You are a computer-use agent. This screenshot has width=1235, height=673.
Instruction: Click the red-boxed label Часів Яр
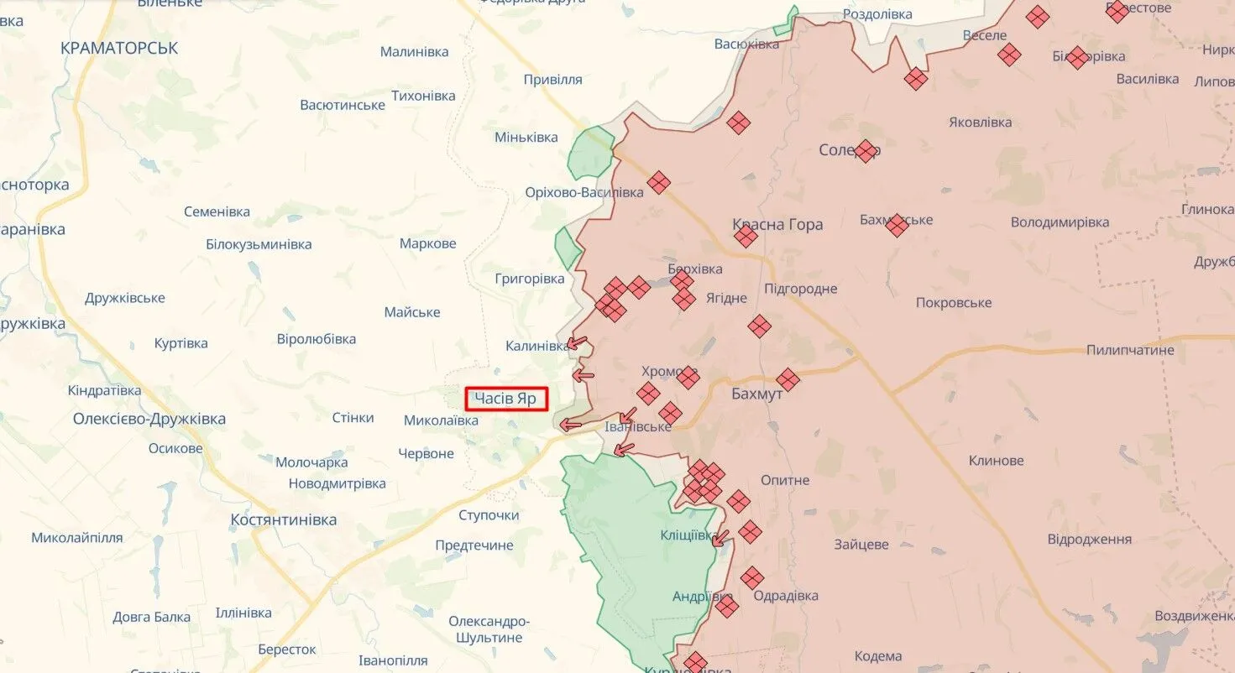click(506, 399)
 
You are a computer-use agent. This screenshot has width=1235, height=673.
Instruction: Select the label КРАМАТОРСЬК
click(119, 49)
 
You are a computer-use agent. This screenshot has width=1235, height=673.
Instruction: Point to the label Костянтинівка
click(284, 520)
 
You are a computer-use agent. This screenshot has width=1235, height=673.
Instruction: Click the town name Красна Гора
click(777, 224)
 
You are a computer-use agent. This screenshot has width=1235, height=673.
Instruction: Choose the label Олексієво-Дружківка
click(149, 419)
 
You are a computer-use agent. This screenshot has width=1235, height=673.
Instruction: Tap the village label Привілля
click(552, 80)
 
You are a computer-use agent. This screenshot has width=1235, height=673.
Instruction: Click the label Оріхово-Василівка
click(584, 192)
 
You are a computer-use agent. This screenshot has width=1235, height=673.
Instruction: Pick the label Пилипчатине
click(1130, 350)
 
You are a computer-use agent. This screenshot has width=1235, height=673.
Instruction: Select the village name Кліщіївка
click(688, 535)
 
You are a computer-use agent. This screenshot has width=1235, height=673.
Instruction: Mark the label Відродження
click(1090, 540)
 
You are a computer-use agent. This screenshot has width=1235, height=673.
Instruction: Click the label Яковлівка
click(980, 123)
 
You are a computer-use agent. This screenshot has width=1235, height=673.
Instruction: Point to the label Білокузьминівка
click(259, 245)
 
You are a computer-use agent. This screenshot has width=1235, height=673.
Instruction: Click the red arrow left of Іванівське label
click(572, 425)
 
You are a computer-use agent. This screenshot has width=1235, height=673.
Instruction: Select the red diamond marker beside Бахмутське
click(897, 225)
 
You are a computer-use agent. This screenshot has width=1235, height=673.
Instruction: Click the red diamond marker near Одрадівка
click(752, 577)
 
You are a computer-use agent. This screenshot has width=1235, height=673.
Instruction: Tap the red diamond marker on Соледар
click(866, 151)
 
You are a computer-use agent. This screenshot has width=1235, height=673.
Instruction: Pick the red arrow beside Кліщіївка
click(720, 538)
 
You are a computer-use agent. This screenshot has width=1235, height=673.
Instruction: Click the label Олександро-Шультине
click(489, 629)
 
